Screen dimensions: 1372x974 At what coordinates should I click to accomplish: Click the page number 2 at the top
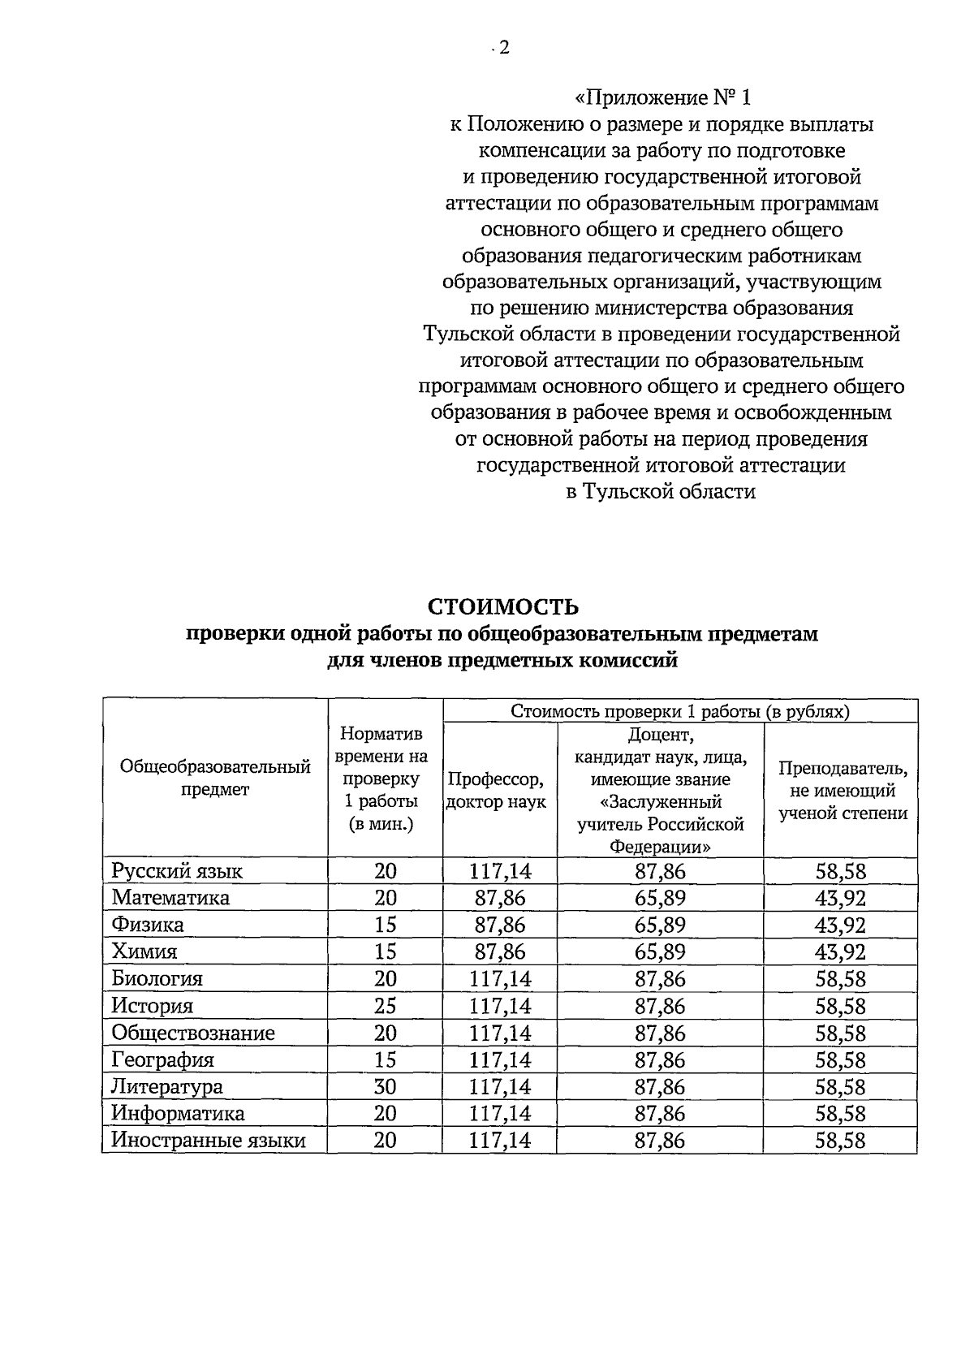(502, 47)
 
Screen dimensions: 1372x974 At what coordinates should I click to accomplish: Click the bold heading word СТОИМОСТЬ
(502, 606)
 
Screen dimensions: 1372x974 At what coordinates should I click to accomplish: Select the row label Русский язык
(177, 871)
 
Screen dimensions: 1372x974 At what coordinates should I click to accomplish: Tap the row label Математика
(170, 898)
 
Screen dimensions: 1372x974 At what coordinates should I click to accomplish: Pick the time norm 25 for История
(385, 1006)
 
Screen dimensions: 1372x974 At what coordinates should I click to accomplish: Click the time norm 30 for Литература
(385, 1086)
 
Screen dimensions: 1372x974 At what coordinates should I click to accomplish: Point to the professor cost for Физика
(500, 925)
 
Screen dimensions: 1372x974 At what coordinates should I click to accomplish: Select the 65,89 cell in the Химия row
(660, 951)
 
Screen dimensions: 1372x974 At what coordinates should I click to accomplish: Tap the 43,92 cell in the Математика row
(840, 898)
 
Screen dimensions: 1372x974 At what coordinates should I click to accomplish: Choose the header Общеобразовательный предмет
(215, 778)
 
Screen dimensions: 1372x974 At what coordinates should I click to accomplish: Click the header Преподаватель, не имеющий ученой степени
(843, 791)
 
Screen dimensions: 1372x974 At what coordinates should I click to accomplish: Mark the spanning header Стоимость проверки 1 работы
(680, 711)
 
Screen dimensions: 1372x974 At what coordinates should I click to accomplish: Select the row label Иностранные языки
(209, 1141)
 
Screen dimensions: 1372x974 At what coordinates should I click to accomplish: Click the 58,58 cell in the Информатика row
(840, 1113)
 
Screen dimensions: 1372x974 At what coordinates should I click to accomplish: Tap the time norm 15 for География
(385, 1059)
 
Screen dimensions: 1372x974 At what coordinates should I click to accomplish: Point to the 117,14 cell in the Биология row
(500, 979)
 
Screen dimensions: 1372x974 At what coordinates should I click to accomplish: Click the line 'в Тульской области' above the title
(661, 491)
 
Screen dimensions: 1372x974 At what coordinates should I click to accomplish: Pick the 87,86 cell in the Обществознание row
(660, 1033)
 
